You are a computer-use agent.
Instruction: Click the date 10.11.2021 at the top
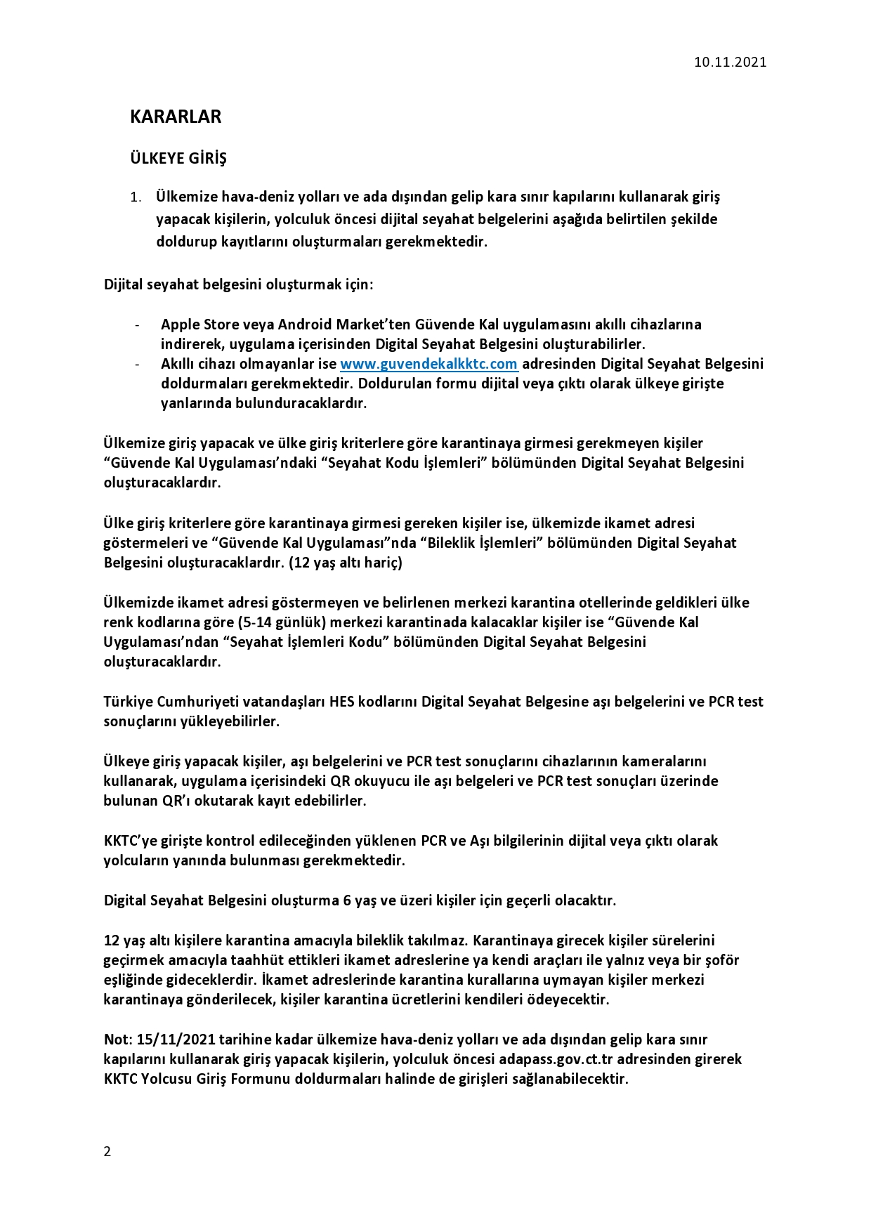point(730,62)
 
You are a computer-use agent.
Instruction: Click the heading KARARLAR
point(176,117)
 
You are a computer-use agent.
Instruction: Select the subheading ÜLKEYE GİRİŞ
point(178,159)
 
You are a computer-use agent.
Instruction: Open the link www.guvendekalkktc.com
point(428,364)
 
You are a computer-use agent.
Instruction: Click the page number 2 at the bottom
point(107,1151)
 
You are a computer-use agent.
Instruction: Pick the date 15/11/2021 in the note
point(177,1040)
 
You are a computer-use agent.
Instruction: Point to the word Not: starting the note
point(117,1040)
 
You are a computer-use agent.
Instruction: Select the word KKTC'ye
point(129,841)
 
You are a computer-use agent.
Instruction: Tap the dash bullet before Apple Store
point(138,325)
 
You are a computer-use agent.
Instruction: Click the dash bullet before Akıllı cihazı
point(138,365)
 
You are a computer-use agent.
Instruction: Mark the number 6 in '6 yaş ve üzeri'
point(347,900)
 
